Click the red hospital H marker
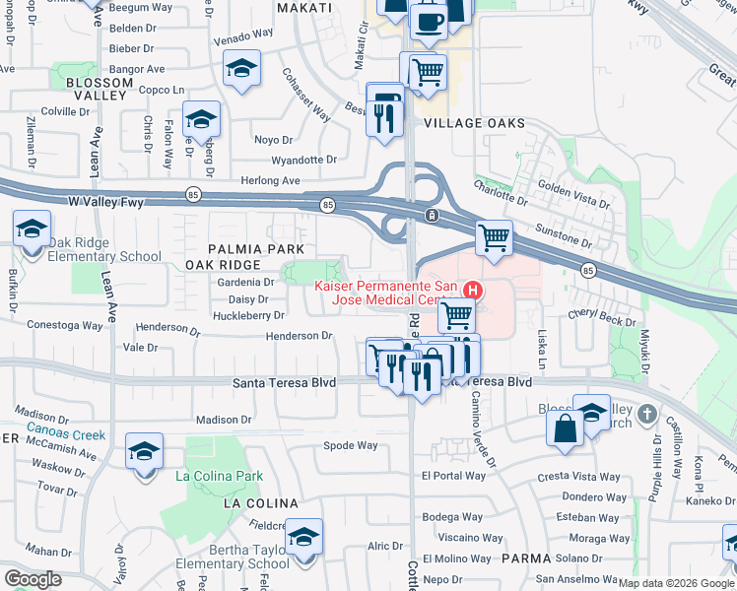click(473, 290)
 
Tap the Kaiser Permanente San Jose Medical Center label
click(388, 294)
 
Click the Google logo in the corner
click(33, 578)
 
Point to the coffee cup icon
click(428, 21)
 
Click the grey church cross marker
click(646, 412)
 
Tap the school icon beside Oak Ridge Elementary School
click(32, 230)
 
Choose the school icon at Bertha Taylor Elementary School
click(304, 537)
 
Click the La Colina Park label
click(219, 476)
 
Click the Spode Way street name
click(351, 445)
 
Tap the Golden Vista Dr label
click(573, 196)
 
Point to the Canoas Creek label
click(66, 433)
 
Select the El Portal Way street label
click(453, 476)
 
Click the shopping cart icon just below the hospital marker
click(456, 316)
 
